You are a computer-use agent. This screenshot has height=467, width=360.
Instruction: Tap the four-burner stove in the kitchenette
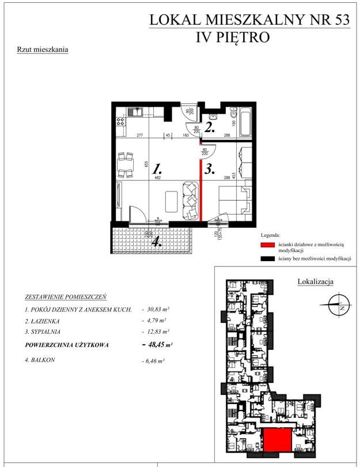[x=122, y=122]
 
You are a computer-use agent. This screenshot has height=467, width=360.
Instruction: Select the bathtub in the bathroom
[x=245, y=120]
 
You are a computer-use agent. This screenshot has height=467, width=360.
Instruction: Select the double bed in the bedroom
[x=233, y=199]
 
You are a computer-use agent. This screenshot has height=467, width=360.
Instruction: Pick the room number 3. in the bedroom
[x=210, y=170]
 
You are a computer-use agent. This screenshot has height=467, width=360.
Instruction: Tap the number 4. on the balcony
[x=156, y=243]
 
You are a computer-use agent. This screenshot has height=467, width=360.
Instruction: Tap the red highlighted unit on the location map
[x=277, y=440]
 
